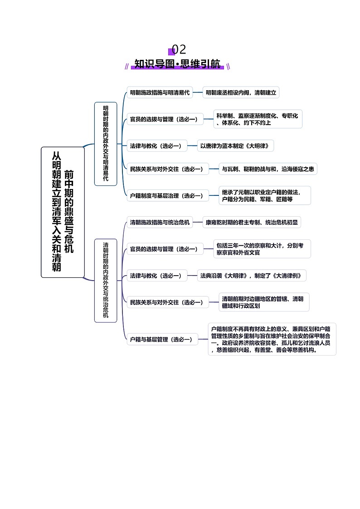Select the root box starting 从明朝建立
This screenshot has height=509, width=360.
pos(63,212)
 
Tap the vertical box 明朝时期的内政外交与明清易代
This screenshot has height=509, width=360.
pos(106,144)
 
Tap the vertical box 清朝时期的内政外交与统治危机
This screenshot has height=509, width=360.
pos(106,281)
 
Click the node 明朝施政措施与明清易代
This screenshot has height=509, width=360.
pos(160,93)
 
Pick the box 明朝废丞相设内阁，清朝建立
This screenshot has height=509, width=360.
pos(241,93)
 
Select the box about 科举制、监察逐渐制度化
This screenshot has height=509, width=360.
pos(258,119)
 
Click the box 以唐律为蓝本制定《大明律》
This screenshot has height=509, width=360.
pos(235,146)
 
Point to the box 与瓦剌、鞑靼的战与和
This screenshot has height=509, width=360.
pos(268,169)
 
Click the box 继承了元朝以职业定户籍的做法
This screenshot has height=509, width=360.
pos(264,195)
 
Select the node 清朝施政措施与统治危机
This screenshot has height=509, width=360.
pos(160,223)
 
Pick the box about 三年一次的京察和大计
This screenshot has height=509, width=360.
pos(262,249)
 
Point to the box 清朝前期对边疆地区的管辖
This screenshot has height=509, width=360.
pos(264,302)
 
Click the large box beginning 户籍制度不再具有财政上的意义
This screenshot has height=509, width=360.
pos(272,339)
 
